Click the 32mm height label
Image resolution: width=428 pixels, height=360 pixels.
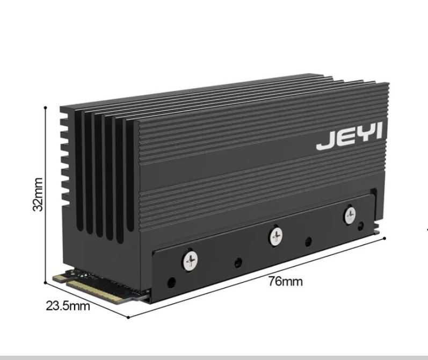[38, 194]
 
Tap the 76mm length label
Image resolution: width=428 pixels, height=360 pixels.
[285, 281]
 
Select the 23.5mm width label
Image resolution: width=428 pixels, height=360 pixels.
[68, 306]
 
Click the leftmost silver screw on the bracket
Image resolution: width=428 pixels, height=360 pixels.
[191, 261]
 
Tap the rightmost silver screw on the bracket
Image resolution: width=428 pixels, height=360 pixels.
[350, 215]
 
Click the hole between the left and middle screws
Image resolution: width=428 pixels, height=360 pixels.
[238, 263]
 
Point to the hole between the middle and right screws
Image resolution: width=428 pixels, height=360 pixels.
[308, 241]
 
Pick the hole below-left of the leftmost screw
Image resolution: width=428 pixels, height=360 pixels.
[171, 282]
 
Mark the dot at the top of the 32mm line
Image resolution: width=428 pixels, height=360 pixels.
[46, 107]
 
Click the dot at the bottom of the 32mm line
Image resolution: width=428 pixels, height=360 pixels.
[46, 283]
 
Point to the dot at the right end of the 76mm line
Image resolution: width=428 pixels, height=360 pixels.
[385, 237]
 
